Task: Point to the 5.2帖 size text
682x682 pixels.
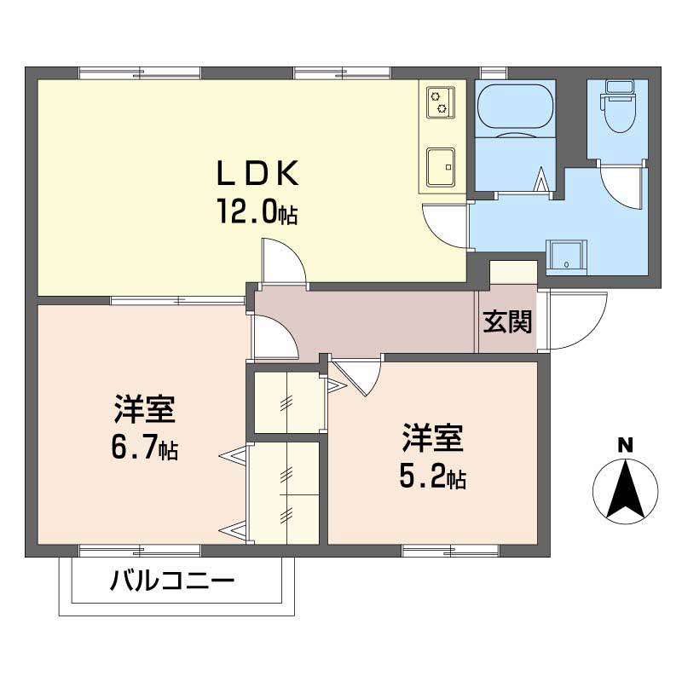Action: pos(432,477)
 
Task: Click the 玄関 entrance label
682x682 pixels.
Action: pos(508,321)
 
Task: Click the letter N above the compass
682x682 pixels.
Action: pos(625,443)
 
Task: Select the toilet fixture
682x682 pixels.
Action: pos(616,106)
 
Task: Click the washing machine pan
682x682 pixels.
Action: pos(567,256)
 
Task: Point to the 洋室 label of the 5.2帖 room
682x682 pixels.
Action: pos(432,439)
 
